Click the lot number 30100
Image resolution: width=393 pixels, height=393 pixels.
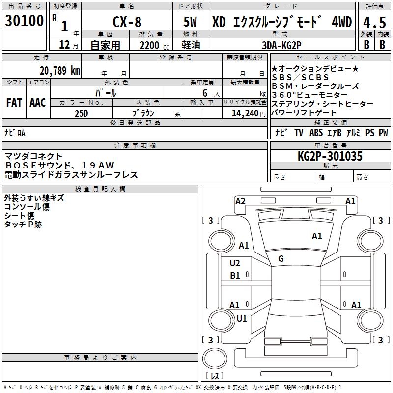pos(24,22)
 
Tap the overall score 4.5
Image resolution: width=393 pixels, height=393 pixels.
pos(374,22)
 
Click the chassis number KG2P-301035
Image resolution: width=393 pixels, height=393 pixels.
pos(330,157)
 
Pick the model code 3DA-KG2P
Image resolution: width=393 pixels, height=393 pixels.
pos(281,45)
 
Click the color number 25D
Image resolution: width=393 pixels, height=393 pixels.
pos(82,113)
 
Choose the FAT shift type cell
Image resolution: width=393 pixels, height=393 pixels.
pos(14,103)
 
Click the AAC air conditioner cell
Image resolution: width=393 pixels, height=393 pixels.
pos(37,103)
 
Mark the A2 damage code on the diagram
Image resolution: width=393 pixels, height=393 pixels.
pos(240,201)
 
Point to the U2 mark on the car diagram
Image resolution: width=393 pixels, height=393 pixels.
pos(235,263)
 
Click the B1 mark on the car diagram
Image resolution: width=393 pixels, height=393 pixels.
pos(235,276)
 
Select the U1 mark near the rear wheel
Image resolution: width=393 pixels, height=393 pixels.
pos(242,318)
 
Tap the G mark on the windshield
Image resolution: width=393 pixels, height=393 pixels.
pos(281,259)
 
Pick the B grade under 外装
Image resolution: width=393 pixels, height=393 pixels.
pos(366,45)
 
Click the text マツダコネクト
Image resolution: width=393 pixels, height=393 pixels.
pos(34,156)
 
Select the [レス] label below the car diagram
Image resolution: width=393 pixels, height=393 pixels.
pos(215,376)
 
